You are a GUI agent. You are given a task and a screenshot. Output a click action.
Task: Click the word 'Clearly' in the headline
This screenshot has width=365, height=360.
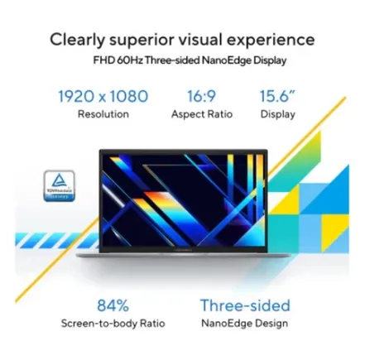77,40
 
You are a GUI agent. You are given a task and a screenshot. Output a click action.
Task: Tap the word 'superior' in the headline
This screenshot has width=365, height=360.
142,41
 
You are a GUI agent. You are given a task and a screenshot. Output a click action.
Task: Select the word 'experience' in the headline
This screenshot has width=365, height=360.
271,41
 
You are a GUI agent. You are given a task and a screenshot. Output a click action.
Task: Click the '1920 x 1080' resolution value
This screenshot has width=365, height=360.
103,96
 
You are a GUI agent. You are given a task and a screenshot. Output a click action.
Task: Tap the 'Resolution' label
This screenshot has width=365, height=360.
103,114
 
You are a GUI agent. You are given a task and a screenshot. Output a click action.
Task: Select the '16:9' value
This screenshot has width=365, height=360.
202,96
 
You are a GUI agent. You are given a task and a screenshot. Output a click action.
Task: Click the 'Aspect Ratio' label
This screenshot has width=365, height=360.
202,114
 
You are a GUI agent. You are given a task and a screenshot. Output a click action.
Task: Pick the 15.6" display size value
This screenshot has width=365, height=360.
277,96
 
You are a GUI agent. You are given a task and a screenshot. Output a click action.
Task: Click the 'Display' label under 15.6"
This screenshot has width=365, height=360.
278,114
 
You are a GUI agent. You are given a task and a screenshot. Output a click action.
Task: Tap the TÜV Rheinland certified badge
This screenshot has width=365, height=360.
59,185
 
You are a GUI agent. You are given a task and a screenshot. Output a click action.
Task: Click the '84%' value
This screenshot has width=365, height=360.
113,305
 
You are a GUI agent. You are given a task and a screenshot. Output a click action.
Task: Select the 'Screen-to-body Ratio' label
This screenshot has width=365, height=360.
113,324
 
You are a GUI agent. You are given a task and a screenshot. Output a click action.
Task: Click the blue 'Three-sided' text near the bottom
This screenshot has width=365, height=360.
245,305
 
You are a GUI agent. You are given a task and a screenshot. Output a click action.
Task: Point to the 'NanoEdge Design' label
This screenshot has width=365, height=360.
244,324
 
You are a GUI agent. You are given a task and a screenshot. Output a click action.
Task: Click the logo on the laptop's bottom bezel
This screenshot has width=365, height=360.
184,249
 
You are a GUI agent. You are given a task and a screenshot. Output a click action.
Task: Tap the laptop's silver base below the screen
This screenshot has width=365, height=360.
184,255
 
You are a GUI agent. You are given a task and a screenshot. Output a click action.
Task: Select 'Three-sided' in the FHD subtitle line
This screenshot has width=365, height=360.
172,60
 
